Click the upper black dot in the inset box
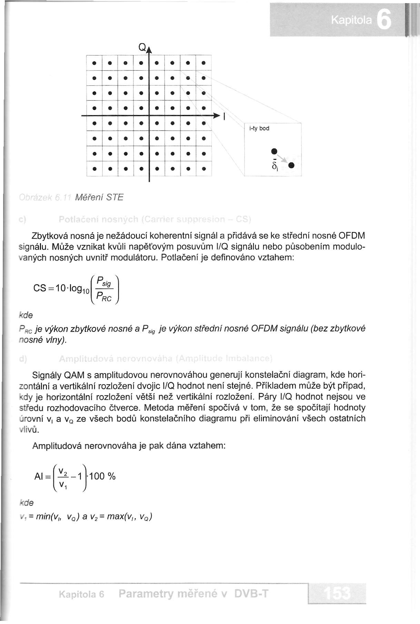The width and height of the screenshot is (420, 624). pos(274,151)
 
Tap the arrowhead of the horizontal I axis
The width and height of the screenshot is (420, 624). pos(217,115)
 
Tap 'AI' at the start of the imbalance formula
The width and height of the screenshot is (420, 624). pos(39,477)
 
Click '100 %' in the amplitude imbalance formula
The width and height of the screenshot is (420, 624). pos(102,477)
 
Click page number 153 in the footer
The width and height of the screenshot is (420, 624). pos(338,593)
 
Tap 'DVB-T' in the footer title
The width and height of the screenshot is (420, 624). pos(251,593)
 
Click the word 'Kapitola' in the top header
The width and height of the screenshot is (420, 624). pos(351,21)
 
